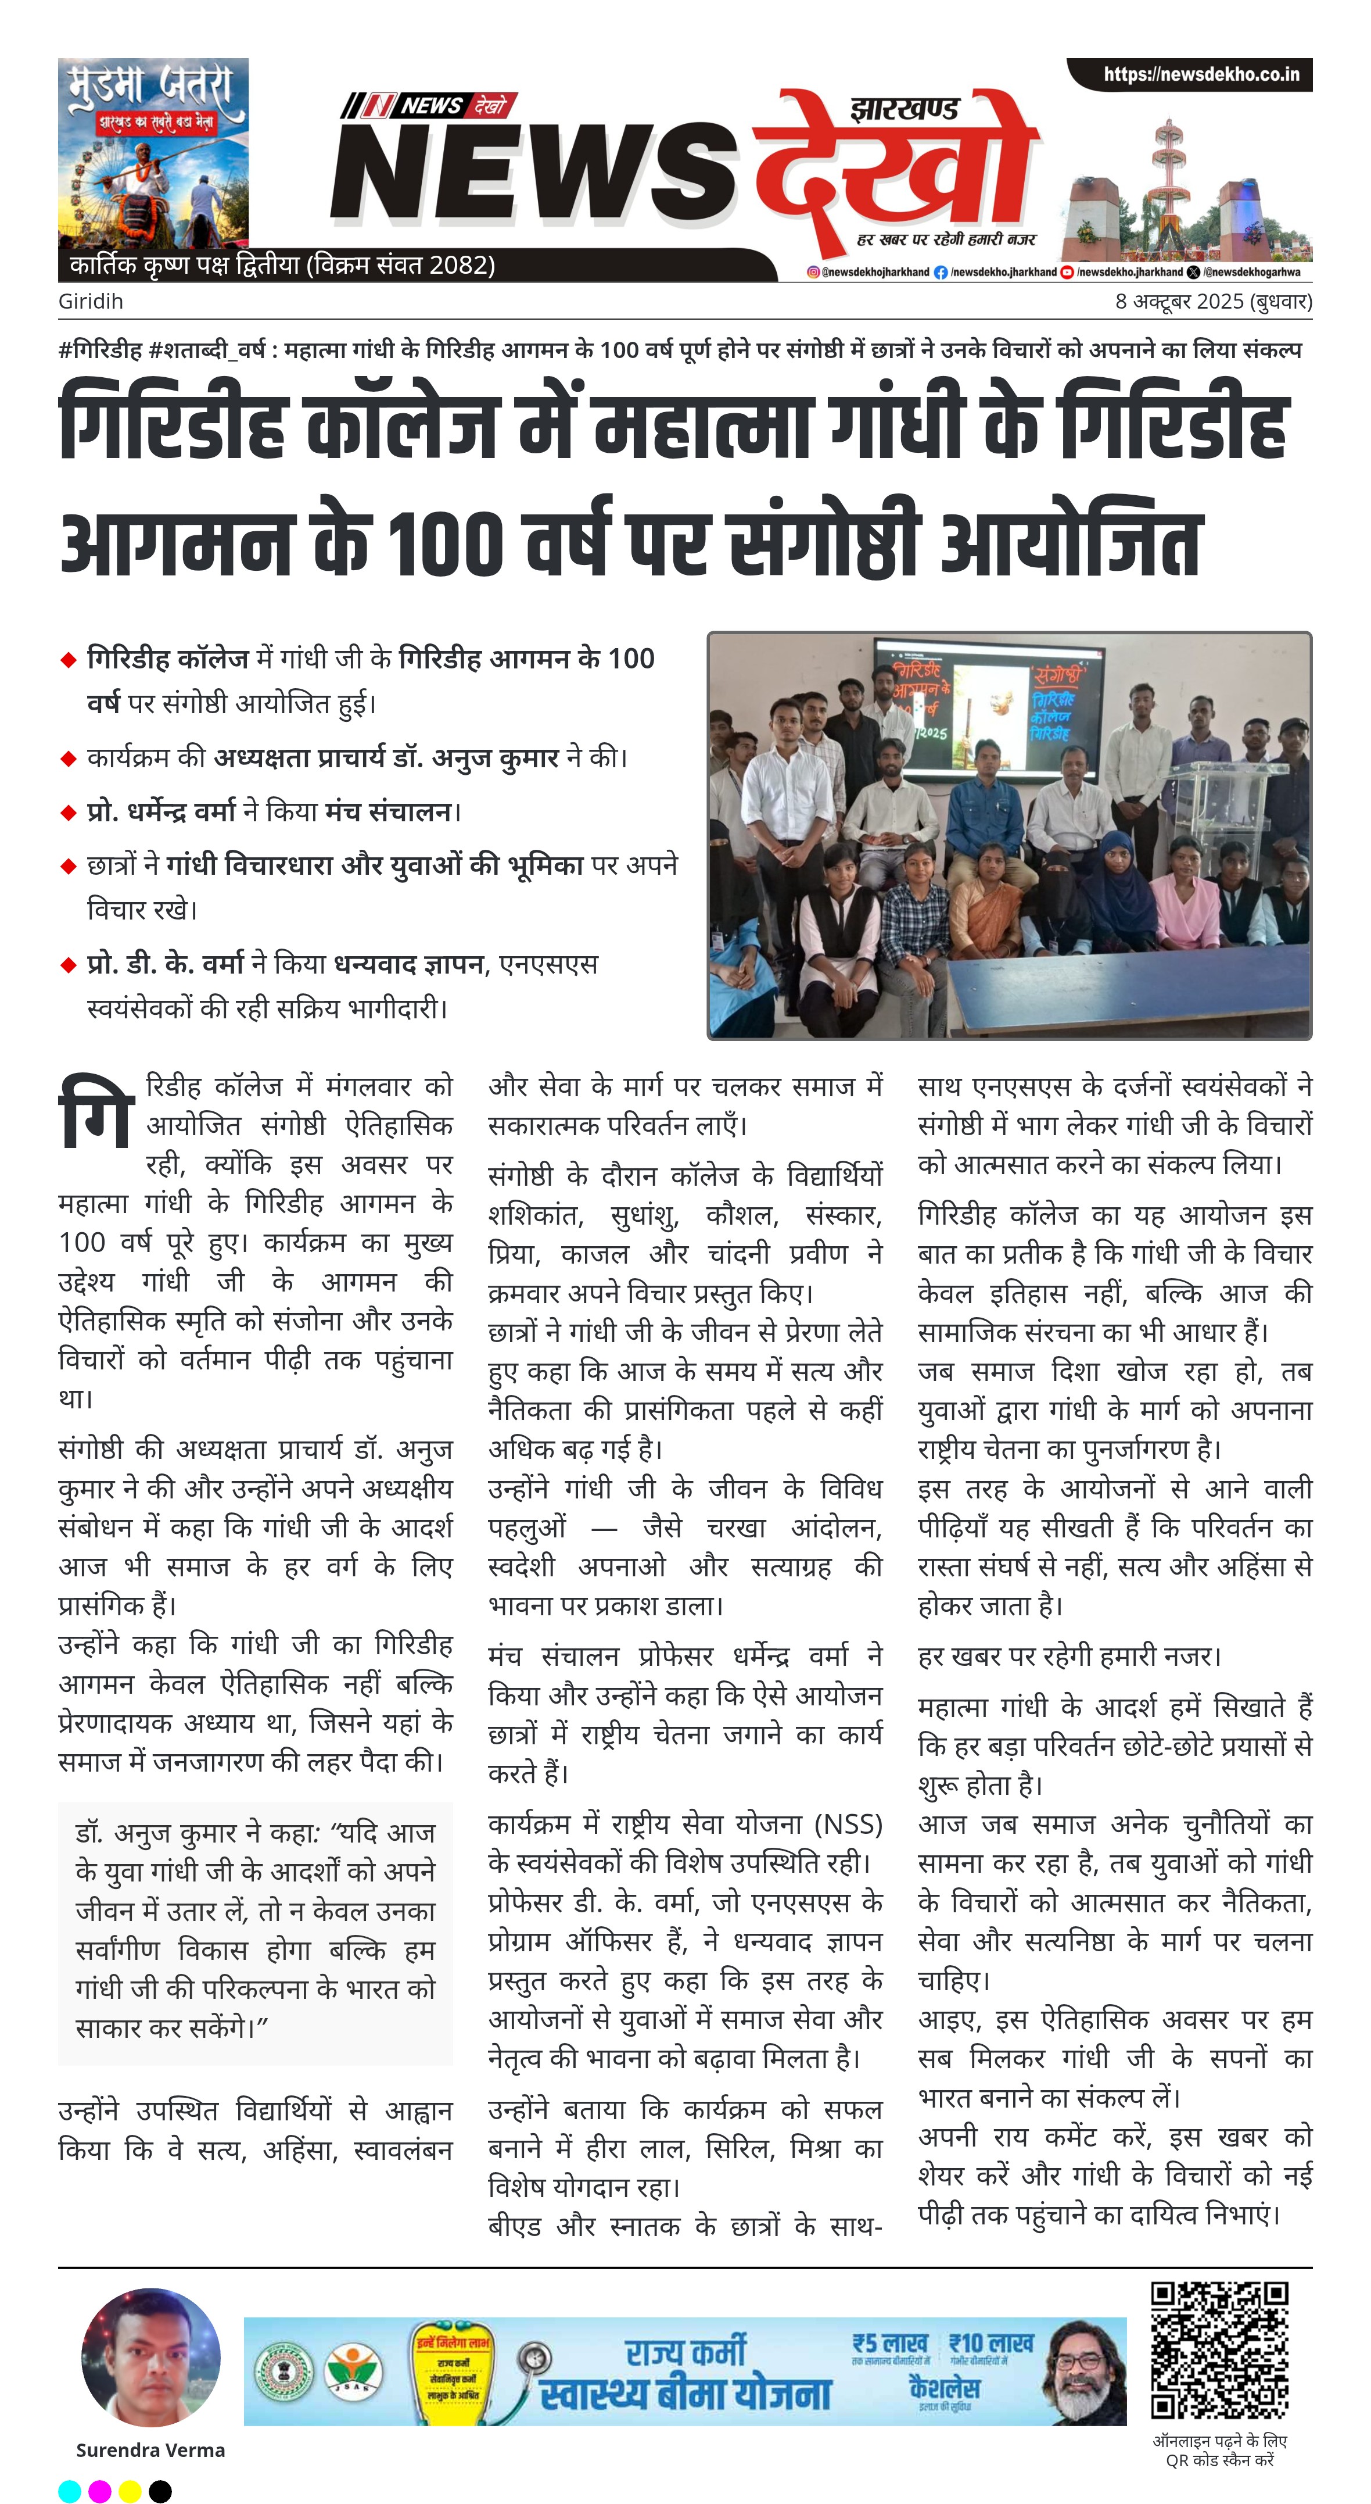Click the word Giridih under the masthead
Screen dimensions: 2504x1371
[x=91, y=301]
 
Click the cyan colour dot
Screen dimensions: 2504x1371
[x=70, y=2491]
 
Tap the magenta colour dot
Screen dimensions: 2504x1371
[x=100, y=2491]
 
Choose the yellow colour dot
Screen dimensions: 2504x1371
[x=130, y=2491]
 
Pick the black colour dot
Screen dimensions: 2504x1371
[x=160, y=2491]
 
